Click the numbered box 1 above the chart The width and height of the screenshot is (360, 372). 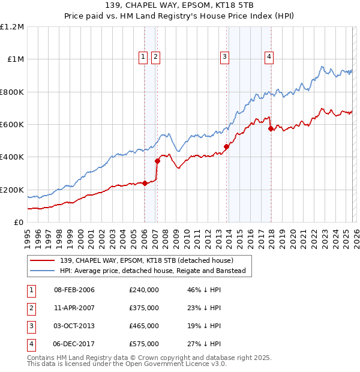point(143,57)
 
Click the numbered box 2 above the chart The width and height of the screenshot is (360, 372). point(155,57)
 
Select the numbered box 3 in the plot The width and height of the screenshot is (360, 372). point(224,57)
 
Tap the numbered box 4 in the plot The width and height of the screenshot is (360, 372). point(269,57)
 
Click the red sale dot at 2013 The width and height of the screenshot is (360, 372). point(226,146)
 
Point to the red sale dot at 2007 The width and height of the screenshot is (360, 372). point(157,161)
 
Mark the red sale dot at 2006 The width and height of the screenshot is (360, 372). point(145,183)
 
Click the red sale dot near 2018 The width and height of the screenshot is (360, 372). point(271,128)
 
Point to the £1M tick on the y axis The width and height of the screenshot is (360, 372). point(15,59)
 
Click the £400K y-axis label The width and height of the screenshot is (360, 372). point(13,157)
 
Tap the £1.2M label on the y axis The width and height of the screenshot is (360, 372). point(13,27)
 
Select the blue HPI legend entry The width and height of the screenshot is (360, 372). point(154,271)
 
